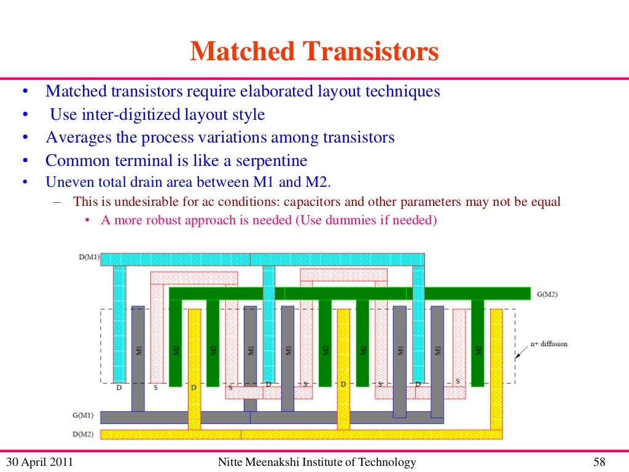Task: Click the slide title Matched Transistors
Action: click(x=314, y=52)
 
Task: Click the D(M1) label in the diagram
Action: click(x=89, y=257)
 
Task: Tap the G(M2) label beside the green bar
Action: click(x=547, y=294)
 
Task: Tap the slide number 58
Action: click(x=601, y=462)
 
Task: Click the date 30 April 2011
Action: click(x=39, y=462)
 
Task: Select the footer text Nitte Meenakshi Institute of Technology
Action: click(x=317, y=462)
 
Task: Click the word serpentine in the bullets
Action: click(x=270, y=161)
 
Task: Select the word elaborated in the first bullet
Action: click(x=276, y=92)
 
